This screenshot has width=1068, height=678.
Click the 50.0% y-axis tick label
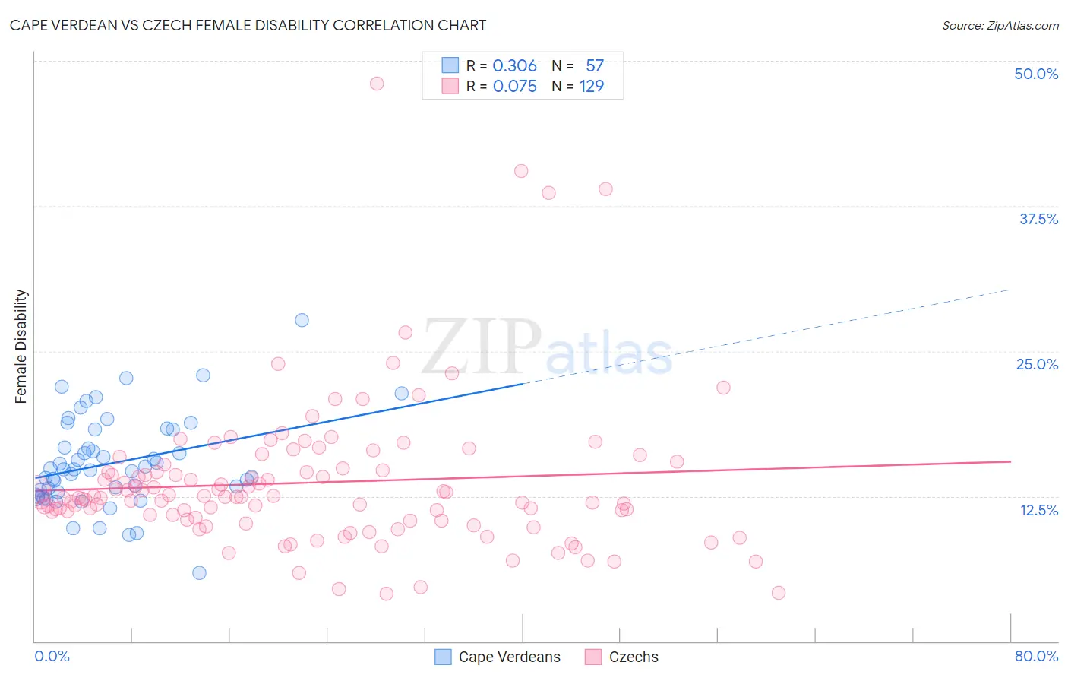(x=1036, y=74)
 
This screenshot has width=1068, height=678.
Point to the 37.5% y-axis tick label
(x=1038, y=219)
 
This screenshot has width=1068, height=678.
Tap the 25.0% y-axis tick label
(x=1037, y=364)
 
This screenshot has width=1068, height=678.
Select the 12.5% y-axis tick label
(x=1038, y=510)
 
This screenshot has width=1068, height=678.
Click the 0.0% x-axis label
(x=52, y=656)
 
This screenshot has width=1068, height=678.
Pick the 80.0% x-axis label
(x=1036, y=656)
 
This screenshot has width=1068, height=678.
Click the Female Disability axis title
(x=21, y=346)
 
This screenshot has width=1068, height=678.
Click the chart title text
(x=248, y=25)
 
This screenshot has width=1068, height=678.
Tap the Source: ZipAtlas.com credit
(x=1000, y=25)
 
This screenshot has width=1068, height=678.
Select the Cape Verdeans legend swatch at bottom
(x=443, y=657)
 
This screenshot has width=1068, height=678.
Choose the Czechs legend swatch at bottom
(x=593, y=657)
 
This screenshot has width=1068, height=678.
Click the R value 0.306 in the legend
(x=514, y=66)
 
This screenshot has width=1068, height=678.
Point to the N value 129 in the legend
(x=592, y=87)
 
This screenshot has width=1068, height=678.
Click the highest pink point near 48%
(x=377, y=84)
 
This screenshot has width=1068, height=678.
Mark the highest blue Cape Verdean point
(x=302, y=320)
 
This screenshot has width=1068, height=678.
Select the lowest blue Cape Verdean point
(x=199, y=572)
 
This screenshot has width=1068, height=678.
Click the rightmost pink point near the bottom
(x=778, y=593)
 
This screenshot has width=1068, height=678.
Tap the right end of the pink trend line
(x=1010, y=461)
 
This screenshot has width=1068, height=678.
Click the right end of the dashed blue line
(x=1009, y=290)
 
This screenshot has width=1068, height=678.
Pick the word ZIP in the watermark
(x=482, y=347)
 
